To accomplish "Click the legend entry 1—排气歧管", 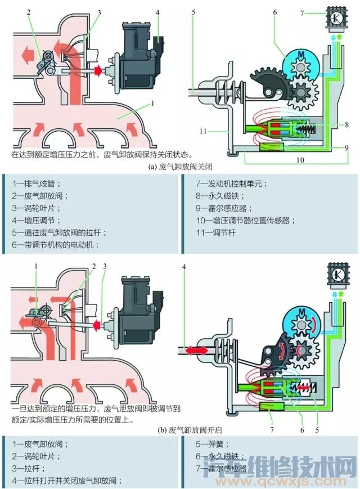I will [x=38, y=183].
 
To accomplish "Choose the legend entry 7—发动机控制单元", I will [x=232, y=183].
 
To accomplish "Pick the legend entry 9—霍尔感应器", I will [x=224, y=208].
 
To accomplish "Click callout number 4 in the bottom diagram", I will [x=184, y=266].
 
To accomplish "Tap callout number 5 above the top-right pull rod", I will [x=193, y=12].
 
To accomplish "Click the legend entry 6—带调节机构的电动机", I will [x=55, y=245].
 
